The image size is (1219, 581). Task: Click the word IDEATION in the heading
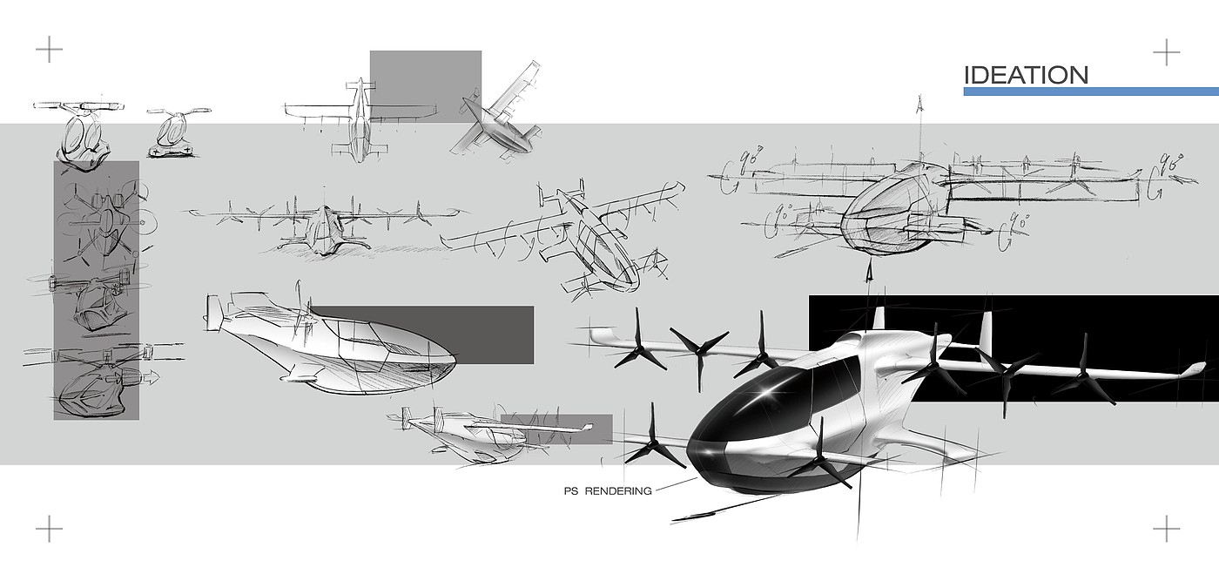[x=1026, y=75]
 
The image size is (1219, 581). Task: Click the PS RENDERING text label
[x=608, y=491]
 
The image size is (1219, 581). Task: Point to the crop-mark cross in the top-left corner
[x=49, y=50]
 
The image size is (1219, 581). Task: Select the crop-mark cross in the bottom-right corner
[x=1166, y=528]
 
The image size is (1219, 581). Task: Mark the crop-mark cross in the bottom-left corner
[x=49, y=528]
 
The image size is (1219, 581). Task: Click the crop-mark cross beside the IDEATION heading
[x=1166, y=52]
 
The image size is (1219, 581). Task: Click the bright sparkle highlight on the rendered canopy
[x=768, y=393]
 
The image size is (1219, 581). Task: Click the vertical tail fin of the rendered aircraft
[x=986, y=331]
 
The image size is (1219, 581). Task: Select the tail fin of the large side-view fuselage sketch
[x=213, y=312]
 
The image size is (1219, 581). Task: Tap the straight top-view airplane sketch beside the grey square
[x=359, y=118]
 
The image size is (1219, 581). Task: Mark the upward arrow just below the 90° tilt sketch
[x=868, y=272]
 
